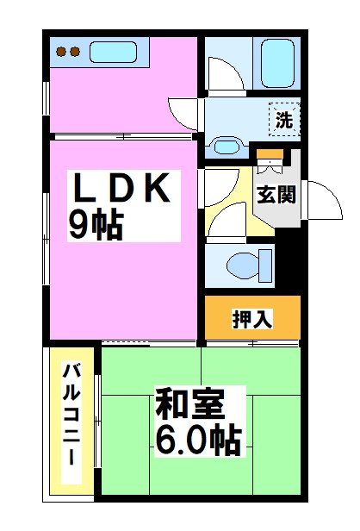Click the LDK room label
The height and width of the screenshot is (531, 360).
click(123, 189)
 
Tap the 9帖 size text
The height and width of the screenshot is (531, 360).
click(96, 225)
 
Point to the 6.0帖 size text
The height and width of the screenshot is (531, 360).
click(198, 442)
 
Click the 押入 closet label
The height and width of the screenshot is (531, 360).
click(252, 319)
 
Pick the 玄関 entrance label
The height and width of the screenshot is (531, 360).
click(276, 194)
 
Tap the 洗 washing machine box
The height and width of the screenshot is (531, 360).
click(283, 121)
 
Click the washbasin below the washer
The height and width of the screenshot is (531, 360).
click(228, 146)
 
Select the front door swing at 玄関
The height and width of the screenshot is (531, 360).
click(320, 200)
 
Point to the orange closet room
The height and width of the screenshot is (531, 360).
click(252, 318)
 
